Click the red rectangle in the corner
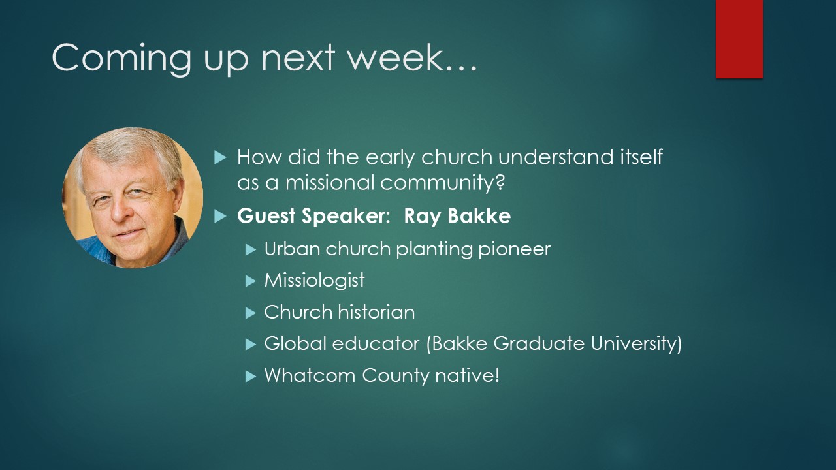tap(739, 39)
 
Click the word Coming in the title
tap(121, 59)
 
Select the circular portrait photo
tap(133, 198)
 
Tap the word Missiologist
tap(314, 281)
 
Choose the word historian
tap(377, 312)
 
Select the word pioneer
tap(514, 249)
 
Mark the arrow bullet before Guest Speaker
tap(220, 216)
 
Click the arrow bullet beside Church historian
tap(251, 313)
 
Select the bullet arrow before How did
tap(220, 158)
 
